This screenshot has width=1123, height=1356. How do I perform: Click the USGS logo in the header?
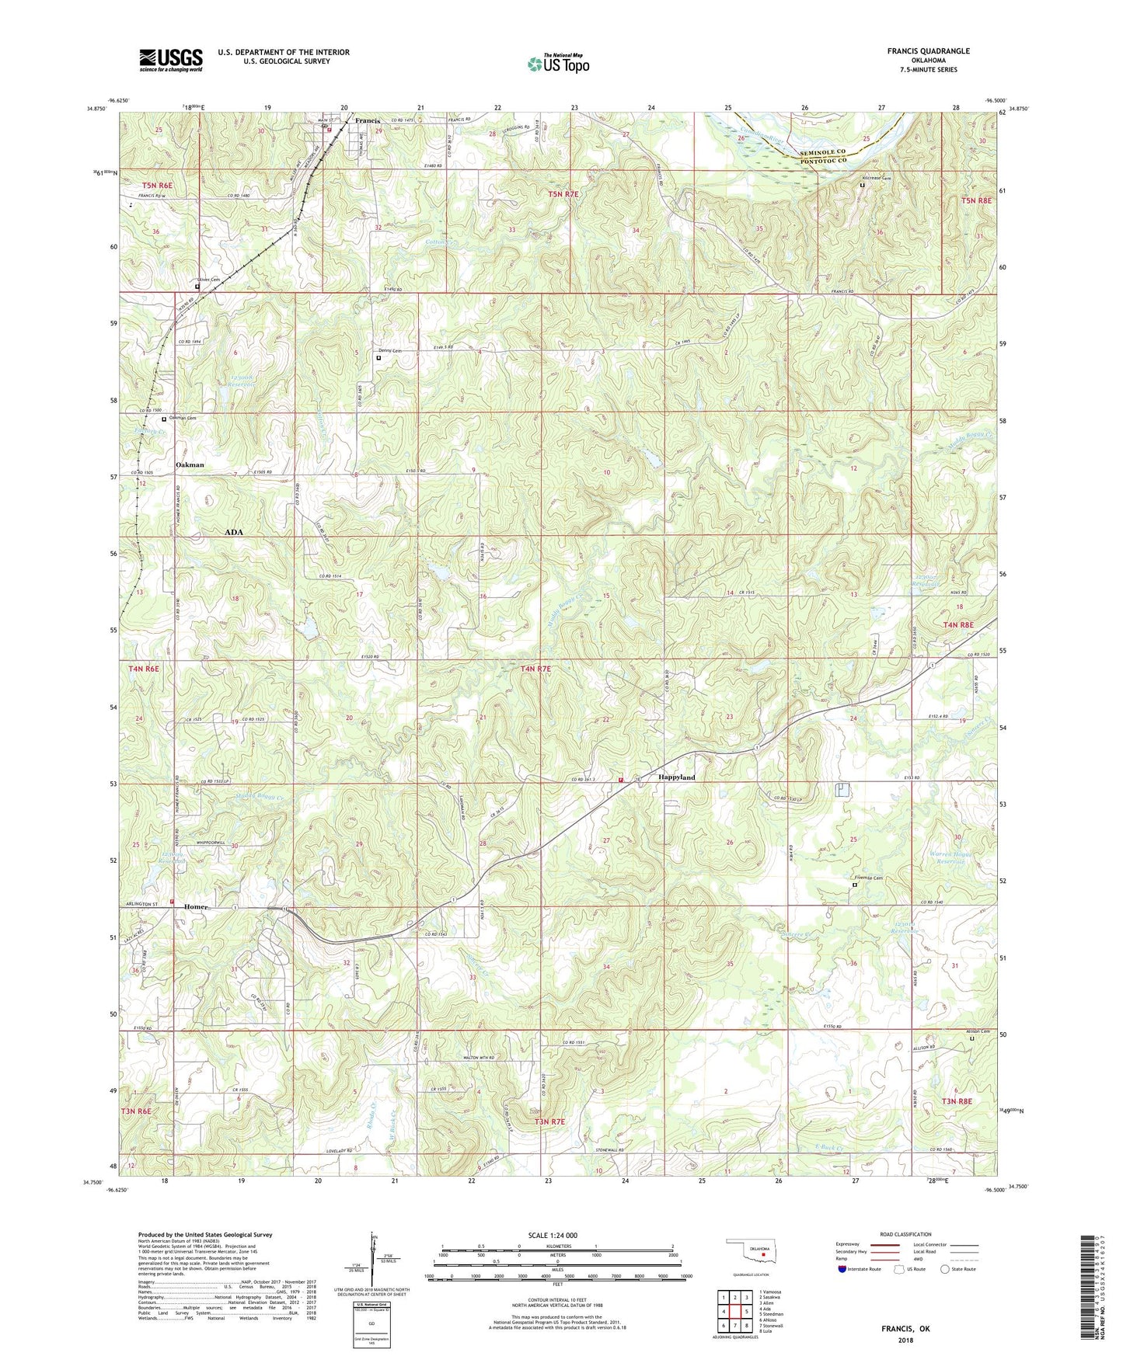coord(171,60)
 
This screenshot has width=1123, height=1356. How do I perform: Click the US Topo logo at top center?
coord(558,64)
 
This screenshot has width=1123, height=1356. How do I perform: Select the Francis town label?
coord(368,121)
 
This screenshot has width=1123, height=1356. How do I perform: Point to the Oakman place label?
coord(190,464)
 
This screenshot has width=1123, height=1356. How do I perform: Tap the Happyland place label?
coord(676,777)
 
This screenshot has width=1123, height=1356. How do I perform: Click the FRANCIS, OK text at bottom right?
coord(905,1328)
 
